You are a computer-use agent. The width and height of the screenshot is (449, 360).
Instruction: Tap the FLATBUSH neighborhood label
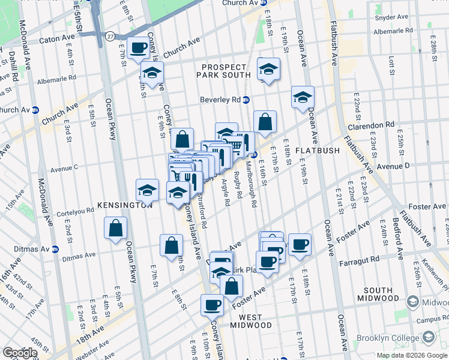318,150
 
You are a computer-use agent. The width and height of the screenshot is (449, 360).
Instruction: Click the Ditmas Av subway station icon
55,249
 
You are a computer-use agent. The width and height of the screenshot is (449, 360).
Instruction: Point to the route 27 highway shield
109,37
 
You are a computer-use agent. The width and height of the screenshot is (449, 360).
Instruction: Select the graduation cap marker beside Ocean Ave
303,97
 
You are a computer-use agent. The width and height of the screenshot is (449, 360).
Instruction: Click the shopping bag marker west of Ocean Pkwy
115,229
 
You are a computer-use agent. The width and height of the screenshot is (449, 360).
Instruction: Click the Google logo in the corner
20,353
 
